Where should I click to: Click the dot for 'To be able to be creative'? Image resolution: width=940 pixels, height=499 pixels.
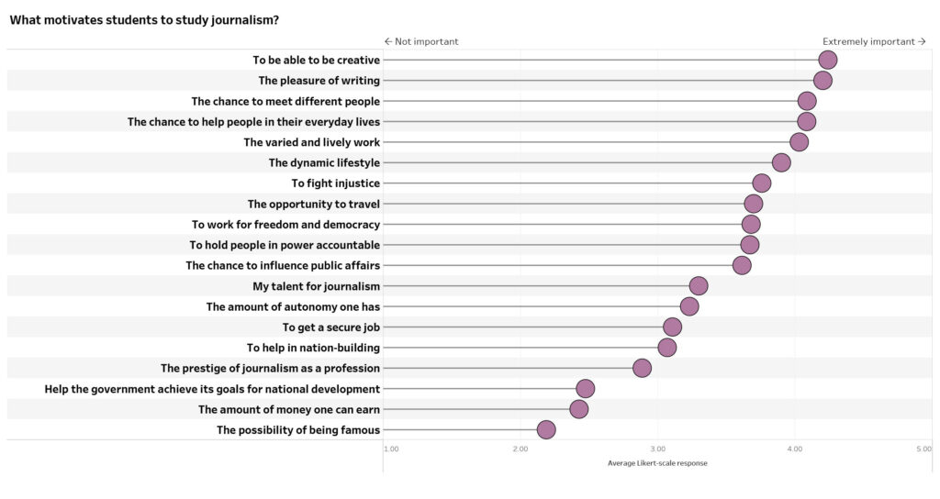pyautogui.click(x=827, y=61)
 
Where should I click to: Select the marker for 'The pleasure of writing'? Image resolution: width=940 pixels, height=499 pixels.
pyautogui.click(x=822, y=81)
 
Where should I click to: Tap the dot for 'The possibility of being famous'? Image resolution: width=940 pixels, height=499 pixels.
pyautogui.click(x=546, y=430)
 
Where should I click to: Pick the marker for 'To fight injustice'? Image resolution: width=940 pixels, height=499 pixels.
pyautogui.click(x=761, y=183)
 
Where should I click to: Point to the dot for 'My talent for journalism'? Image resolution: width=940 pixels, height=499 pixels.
pyautogui.click(x=699, y=286)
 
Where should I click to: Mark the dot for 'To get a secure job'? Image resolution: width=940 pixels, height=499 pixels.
pyautogui.click(x=672, y=327)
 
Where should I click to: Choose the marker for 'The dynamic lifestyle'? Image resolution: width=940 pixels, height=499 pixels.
pyautogui.click(x=781, y=162)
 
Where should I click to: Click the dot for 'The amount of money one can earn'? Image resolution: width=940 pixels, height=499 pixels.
pyautogui.click(x=578, y=409)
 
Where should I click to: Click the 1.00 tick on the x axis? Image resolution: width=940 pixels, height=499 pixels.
pyautogui.click(x=390, y=449)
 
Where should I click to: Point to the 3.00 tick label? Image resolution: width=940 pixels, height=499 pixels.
pyautogui.click(x=657, y=449)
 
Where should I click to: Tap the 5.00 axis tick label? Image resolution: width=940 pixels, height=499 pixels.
pyautogui.click(x=923, y=449)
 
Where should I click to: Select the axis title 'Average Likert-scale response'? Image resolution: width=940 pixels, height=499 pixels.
pyautogui.click(x=657, y=463)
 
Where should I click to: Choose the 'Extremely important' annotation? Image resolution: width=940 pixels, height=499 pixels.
pyautogui.click(x=874, y=41)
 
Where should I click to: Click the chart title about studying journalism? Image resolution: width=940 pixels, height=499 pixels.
pyautogui.click(x=144, y=19)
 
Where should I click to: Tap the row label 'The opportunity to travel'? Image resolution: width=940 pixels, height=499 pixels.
pyautogui.click(x=313, y=204)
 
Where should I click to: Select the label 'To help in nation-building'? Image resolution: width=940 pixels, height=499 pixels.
pyautogui.click(x=313, y=348)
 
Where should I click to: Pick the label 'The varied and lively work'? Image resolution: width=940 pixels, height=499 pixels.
pyautogui.click(x=311, y=142)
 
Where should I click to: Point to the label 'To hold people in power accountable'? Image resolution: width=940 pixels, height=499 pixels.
pyautogui.click(x=285, y=245)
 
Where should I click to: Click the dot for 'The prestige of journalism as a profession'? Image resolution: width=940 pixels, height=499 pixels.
pyautogui.click(x=642, y=368)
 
